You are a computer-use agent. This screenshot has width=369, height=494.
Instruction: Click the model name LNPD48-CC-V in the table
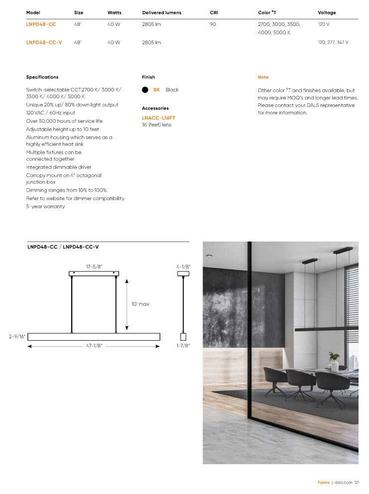click(44, 42)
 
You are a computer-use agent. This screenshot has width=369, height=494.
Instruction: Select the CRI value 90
click(213, 24)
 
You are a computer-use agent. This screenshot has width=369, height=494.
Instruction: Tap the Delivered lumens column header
click(162, 12)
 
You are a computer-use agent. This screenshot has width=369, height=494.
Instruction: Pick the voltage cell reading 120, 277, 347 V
click(333, 42)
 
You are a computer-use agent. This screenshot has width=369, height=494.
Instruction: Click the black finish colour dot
click(145, 90)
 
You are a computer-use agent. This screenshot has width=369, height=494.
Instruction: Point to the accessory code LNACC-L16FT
click(159, 118)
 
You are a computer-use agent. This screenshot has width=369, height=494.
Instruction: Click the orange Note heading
click(263, 77)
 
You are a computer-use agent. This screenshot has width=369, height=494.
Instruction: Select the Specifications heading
click(42, 77)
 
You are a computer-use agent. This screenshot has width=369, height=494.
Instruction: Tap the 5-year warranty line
click(45, 207)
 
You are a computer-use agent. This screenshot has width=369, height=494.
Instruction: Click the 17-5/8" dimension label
click(94, 267)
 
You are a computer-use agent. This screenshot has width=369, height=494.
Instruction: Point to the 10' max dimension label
click(140, 304)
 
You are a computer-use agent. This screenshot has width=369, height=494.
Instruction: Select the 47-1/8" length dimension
click(93, 346)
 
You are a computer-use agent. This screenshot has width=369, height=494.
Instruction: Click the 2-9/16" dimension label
click(17, 337)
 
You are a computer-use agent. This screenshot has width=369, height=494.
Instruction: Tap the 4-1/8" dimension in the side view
click(183, 267)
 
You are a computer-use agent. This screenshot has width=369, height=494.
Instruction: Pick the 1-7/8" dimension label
click(183, 345)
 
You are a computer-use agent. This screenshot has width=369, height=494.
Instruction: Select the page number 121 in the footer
click(357, 483)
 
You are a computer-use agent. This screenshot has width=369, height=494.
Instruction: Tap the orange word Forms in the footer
click(324, 483)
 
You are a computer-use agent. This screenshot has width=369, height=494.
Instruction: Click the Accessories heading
click(155, 108)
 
